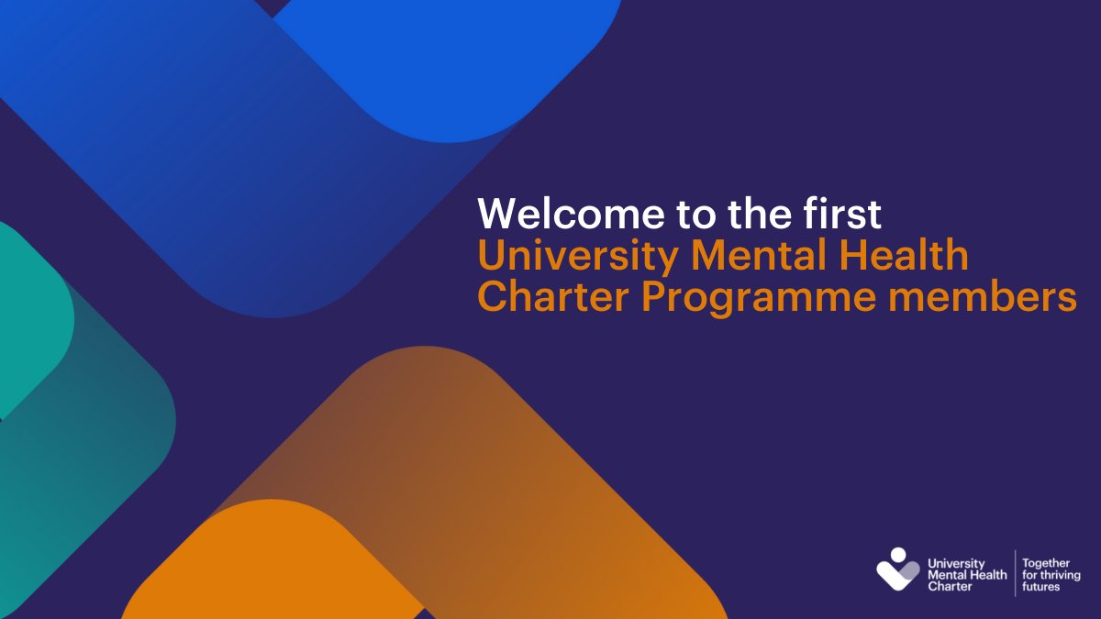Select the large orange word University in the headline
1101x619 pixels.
575,256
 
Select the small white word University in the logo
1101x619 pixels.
956,563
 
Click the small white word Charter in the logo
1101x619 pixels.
950,586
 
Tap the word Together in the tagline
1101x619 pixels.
1047,562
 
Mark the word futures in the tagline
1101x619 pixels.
1040,586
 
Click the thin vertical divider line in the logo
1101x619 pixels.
1015,573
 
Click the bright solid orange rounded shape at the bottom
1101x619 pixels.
266,569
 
